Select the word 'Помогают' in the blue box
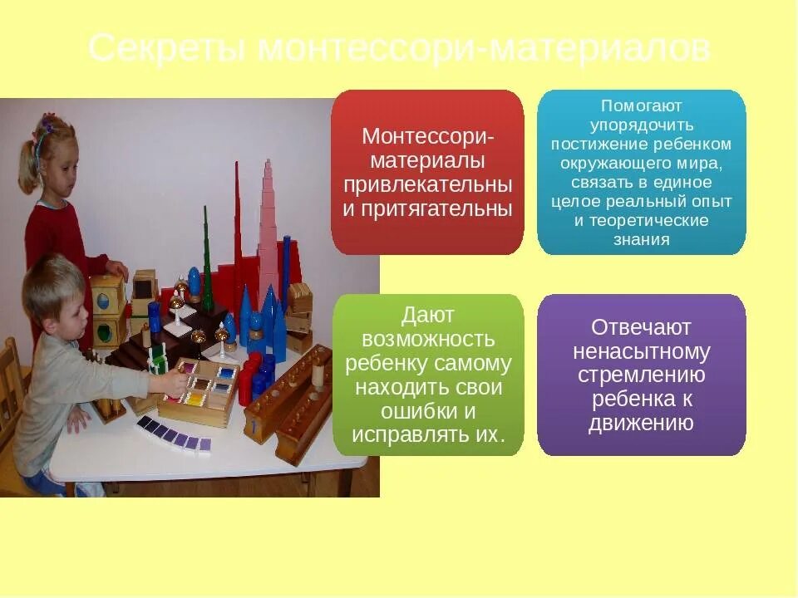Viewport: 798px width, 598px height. (x=641, y=107)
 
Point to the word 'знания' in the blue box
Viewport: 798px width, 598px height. (x=641, y=240)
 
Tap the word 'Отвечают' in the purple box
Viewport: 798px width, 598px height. (x=641, y=327)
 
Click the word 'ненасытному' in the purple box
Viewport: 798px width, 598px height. (x=641, y=351)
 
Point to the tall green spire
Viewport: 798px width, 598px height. (x=206, y=257)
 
